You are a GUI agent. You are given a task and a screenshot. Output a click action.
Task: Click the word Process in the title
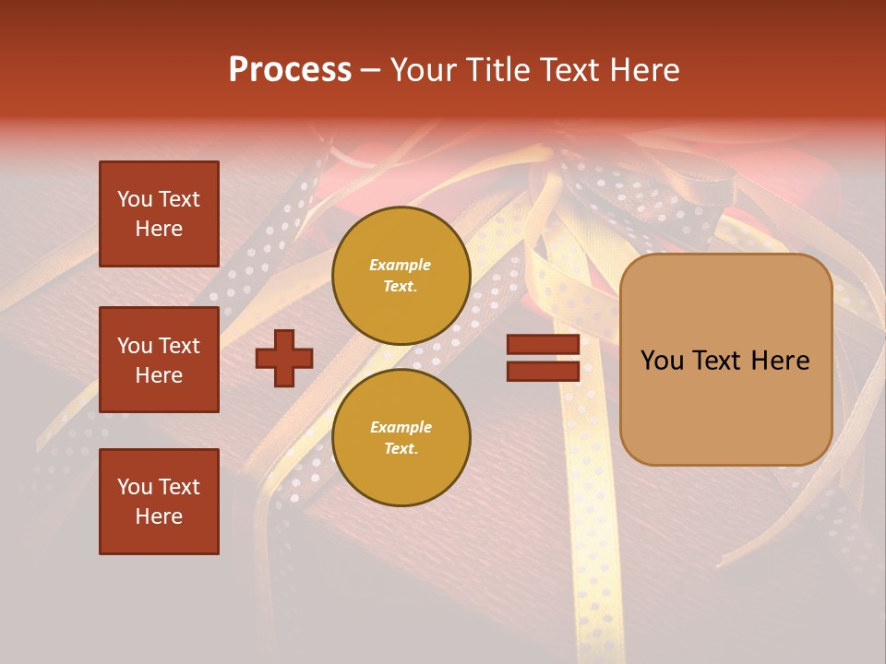(290, 70)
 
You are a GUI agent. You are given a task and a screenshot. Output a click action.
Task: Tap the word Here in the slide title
(642, 70)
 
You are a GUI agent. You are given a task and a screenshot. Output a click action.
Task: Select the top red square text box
(159, 214)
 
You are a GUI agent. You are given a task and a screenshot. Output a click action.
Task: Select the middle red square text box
(159, 360)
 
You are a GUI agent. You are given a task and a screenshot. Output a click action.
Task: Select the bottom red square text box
(159, 502)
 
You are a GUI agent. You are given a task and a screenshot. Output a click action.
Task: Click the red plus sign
(284, 358)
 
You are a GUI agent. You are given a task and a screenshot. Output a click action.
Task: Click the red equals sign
(543, 358)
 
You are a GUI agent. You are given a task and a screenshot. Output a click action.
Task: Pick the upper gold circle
(401, 276)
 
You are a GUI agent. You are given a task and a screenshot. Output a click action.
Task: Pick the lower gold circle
(401, 438)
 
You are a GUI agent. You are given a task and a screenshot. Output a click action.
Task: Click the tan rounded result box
(725, 360)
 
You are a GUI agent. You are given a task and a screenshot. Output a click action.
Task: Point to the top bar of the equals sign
(543, 345)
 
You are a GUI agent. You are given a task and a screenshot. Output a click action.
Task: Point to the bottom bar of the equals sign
(543, 371)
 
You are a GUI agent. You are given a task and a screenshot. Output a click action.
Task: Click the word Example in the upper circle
(401, 266)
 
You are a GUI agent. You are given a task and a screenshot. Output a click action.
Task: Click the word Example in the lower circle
(401, 428)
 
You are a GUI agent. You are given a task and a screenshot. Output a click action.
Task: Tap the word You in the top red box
(135, 199)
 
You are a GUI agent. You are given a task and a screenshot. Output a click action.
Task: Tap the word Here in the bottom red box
(159, 516)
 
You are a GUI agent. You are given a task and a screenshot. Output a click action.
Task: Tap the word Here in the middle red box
(159, 375)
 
